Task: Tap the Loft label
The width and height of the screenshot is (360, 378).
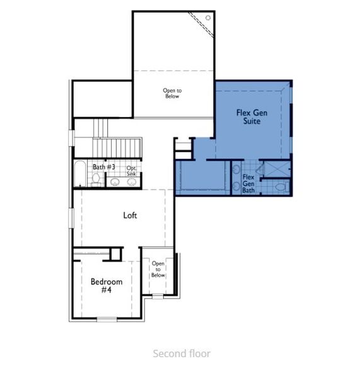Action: click(x=130, y=215)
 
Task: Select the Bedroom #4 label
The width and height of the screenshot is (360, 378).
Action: click(x=106, y=285)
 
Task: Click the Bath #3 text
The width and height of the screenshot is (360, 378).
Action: click(x=104, y=167)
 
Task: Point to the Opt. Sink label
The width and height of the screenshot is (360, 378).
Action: click(x=131, y=171)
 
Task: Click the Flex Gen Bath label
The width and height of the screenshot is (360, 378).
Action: click(x=248, y=183)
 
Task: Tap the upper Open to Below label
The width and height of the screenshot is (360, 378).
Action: click(x=171, y=93)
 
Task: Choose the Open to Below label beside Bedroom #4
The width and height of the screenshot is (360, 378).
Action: click(x=158, y=269)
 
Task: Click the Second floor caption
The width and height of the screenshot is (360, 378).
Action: click(x=182, y=353)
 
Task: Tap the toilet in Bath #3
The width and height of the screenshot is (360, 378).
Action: click(x=95, y=181)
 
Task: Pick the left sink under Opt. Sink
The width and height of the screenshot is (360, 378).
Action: click(x=115, y=182)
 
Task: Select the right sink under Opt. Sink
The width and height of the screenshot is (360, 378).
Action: click(x=131, y=182)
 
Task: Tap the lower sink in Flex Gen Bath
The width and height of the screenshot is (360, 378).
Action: click(x=236, y=187)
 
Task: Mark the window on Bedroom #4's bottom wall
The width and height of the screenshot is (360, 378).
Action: click(x=107, y=318)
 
